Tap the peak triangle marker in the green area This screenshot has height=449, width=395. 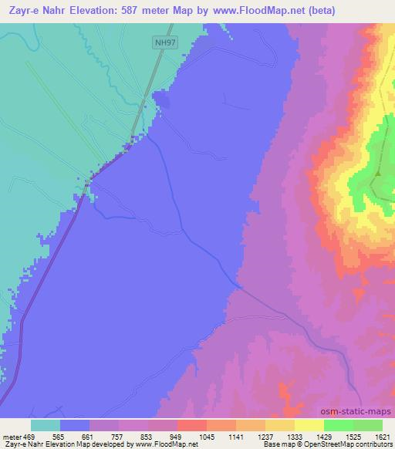pyautogui.click(x=377, y=174)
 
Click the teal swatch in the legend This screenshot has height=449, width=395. pyautogui.click(x=45, y=425)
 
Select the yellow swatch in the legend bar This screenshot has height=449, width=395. pyautogui.click(x=309, y=425)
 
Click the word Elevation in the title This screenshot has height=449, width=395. pyautogui.click(x=99, y=10)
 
